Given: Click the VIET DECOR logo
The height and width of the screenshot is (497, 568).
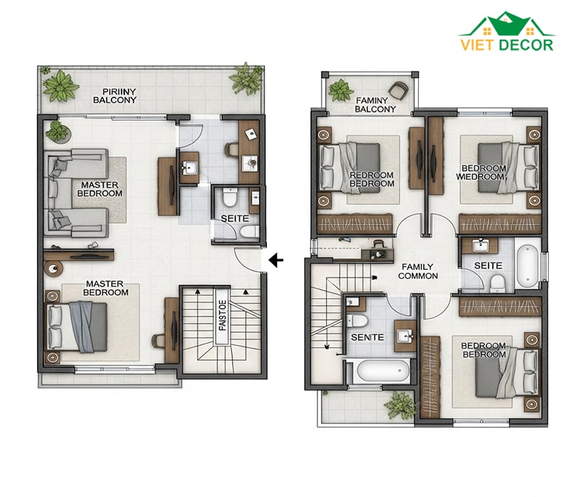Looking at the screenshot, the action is click(x=507, y=32).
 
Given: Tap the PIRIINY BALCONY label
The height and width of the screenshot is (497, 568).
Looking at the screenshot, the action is click(x=114, y=96).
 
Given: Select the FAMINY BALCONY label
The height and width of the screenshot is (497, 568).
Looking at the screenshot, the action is click(x=375, y=104).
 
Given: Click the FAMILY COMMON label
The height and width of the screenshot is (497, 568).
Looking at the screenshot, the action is click(x=417, y=271).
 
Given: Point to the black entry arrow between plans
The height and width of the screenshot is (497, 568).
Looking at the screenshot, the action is click(x=276, y=260).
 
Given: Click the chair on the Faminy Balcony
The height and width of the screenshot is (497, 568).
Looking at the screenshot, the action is click(x=398, y=90).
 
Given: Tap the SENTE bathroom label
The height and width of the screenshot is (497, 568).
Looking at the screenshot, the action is click(x=367, y=337).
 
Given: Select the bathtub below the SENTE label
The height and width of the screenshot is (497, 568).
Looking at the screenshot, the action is click(x=382, y=371).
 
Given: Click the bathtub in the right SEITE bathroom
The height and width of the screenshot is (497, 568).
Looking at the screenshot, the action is click(x=528, y=266).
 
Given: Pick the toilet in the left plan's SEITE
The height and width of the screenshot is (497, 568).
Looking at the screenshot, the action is click(x=229, y=197).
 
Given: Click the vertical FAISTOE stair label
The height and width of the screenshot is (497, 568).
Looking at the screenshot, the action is click(x=223, y=315).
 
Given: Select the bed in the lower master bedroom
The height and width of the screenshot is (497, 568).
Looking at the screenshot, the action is click(x=77, y=327).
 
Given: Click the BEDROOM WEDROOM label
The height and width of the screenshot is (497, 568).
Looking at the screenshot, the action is click(x=481, y=173).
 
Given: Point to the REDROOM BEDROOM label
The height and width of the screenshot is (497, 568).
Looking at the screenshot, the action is click(x=371, y=180).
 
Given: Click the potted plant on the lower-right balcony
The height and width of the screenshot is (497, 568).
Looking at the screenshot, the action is click(x=400, y=405).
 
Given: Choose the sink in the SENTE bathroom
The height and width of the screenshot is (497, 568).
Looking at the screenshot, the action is click(x=405, y=336).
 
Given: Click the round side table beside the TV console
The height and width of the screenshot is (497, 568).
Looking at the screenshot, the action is click(x=53, y=268).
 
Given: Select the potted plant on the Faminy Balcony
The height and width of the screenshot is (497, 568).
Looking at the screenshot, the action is click(x=341, y=90).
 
